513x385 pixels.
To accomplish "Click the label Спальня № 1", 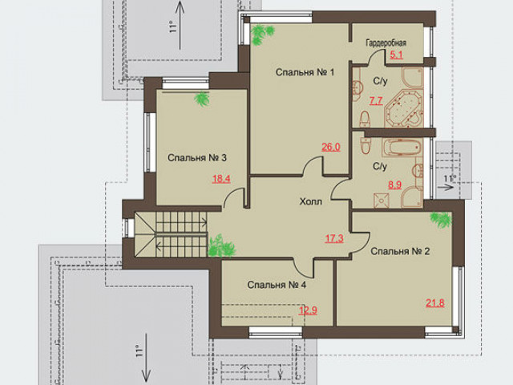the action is pyautogui.click(x=305, y=72).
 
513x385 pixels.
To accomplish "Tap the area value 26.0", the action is pyautogui.click(x=331, y=148).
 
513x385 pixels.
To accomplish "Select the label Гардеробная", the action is pyautogui.click(x=386, y=43).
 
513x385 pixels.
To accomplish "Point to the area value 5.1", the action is pyautogui.click(x=396, y=55).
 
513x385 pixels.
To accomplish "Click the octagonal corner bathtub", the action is pyautogui.click(x=404, y=109).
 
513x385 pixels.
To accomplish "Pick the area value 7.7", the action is pyautogui.click(x=376, y=100).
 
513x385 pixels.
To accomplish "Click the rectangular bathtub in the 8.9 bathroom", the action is pyautogui.click(x=402, y=147).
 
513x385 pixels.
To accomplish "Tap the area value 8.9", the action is pyautogui.click(x=395, y=185).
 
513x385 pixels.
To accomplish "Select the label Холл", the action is pyautogui.click(x=310, y=201).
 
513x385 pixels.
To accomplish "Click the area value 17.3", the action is pyautogui.click(x=334, y=238).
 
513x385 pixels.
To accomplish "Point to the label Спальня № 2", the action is pyautogui.click(x=400, y=251).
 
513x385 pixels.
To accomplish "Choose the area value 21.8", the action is pyautogui.click(x=434, y=303).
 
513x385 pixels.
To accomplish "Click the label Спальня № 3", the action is pyautogui.click(x=197, y=158).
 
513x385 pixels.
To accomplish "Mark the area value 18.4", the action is pyautogui.click(x=221, y=179).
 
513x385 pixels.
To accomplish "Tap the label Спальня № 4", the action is pyautogui.click(x=277, y=285).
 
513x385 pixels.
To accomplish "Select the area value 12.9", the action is pyautogui.click(x=308, y=310).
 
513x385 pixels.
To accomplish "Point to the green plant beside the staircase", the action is pyautogui.click(x=221, y=246).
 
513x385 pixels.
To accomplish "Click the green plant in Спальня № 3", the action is pyautogui.click(x=202, y=99).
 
